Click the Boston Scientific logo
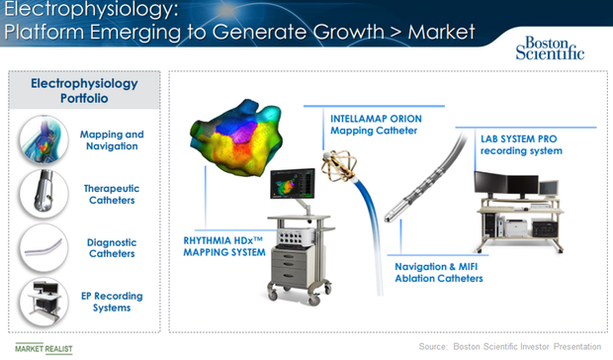(550, 46)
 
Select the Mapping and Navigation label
(109, 139)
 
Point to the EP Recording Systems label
(105, 302)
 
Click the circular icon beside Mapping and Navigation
(41, 139)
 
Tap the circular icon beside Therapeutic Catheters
(41, 194)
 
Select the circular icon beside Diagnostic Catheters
(41, 247)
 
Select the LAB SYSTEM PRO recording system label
(508, 143)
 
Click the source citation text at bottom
(508, 346)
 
